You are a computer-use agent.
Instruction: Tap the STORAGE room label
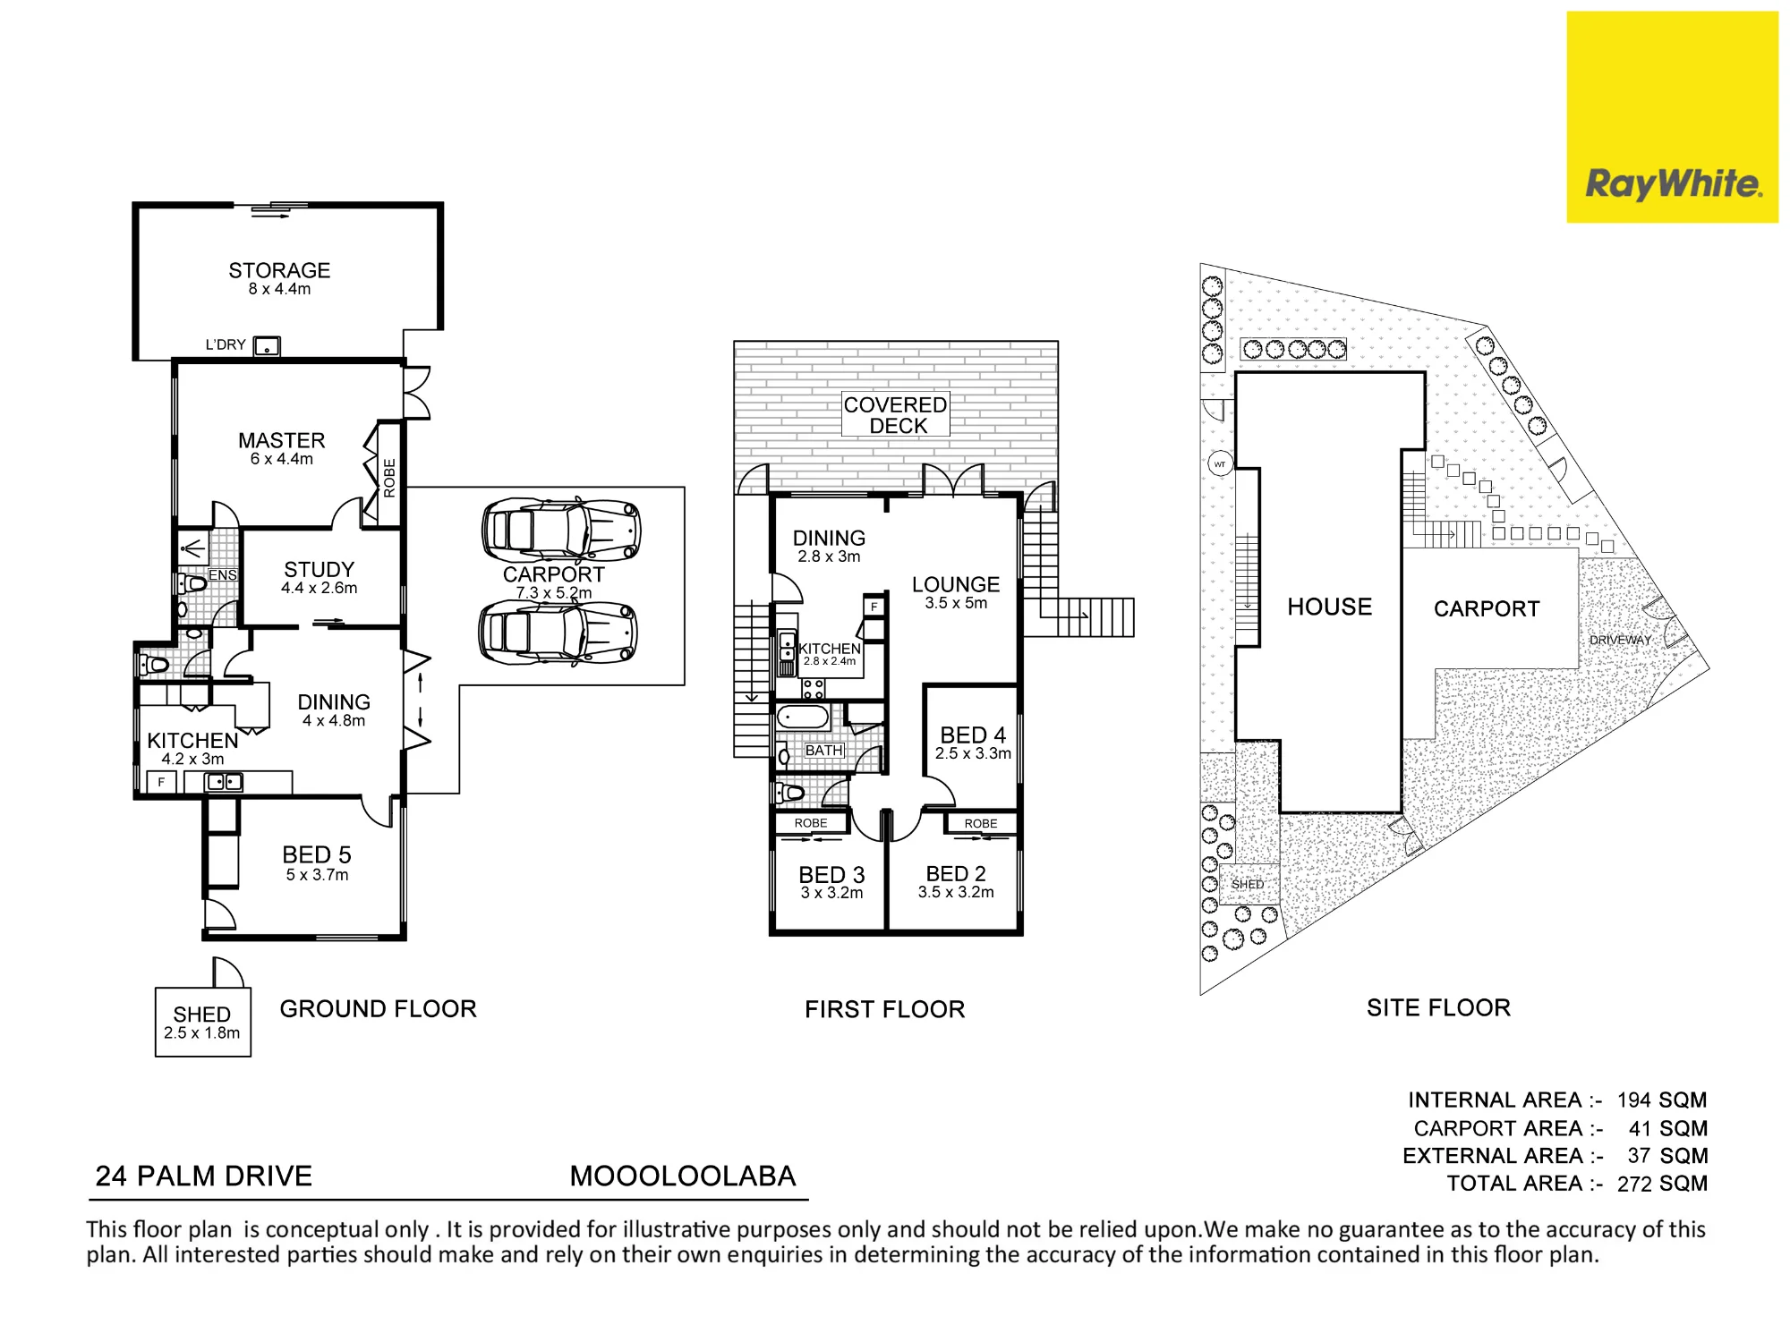pos(279,270)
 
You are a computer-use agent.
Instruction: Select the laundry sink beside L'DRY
pos(267,346)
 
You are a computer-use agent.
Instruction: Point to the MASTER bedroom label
pos(281,440)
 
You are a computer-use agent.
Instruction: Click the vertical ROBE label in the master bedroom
pos(389,478)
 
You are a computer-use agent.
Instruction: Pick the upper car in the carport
pos(561,530)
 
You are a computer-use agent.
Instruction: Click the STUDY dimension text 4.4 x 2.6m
pos(319,588)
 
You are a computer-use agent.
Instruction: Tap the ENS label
pos(222,575)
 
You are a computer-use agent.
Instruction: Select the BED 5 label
pos(317,854)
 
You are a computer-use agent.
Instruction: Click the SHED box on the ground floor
pos(203,1022)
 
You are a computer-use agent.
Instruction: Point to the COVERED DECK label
pos(895,415)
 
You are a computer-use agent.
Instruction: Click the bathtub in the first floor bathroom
pos(804,718)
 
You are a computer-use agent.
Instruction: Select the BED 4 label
pos(973,735)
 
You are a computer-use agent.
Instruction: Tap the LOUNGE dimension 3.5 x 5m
pos(956,603)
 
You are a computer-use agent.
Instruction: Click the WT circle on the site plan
pos(1220,463)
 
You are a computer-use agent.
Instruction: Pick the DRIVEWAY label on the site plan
pos(1620,640)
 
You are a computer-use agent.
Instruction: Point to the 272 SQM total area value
pos(1663,1184)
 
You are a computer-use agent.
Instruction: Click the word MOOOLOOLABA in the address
pos(683,1176)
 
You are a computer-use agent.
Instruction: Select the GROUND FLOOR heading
pos(379,1009)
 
